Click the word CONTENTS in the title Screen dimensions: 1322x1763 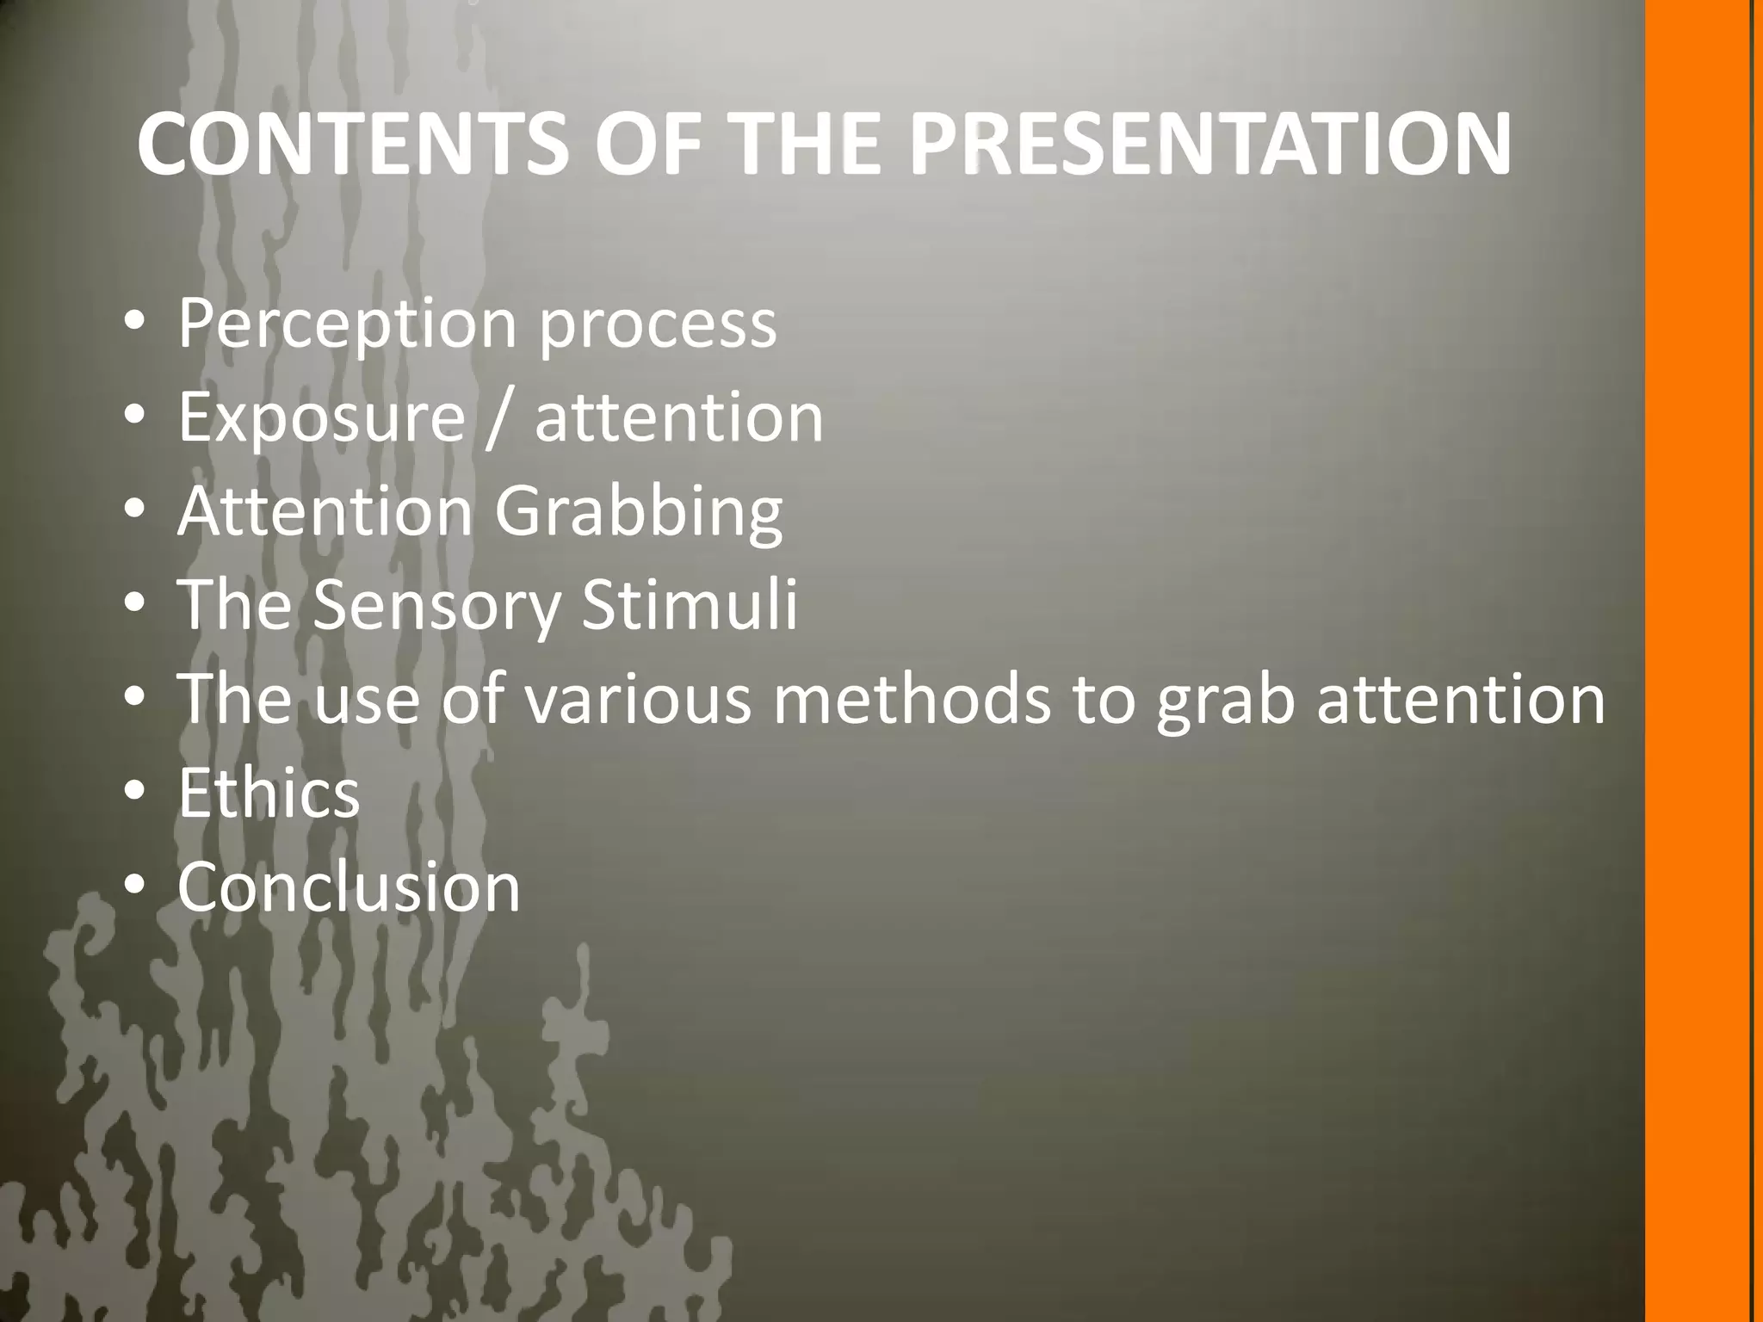coord(353,144)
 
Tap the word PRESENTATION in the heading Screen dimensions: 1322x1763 coord(1209,144)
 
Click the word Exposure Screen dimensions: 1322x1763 coord(321,417)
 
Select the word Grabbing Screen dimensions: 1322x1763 coord(638,513)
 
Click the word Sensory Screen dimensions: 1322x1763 coord(436,606)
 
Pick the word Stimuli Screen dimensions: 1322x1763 coord(690,604)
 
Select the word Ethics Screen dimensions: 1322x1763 coord(269,793)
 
